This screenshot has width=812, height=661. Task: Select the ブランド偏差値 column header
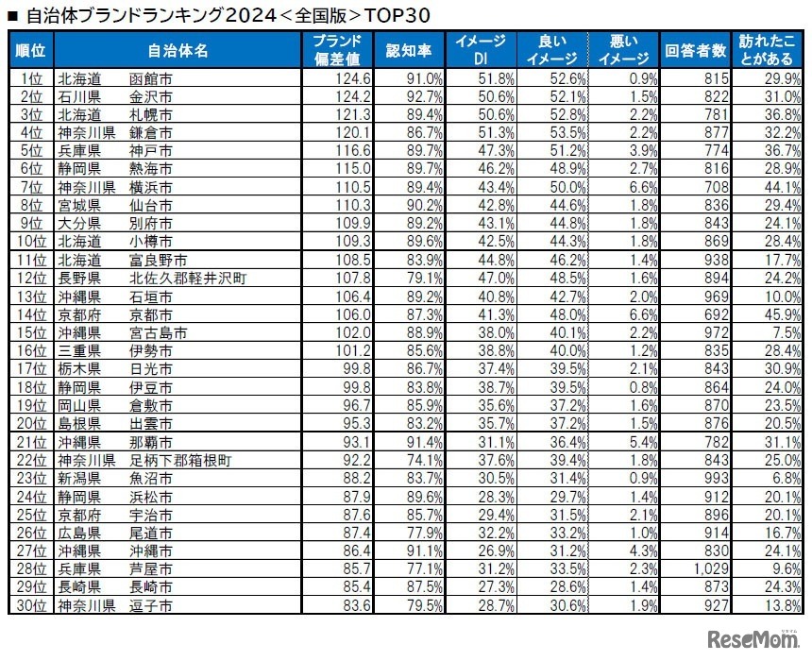click(x=337, y=50)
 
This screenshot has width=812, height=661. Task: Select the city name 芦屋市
click(x=151, y=569)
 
